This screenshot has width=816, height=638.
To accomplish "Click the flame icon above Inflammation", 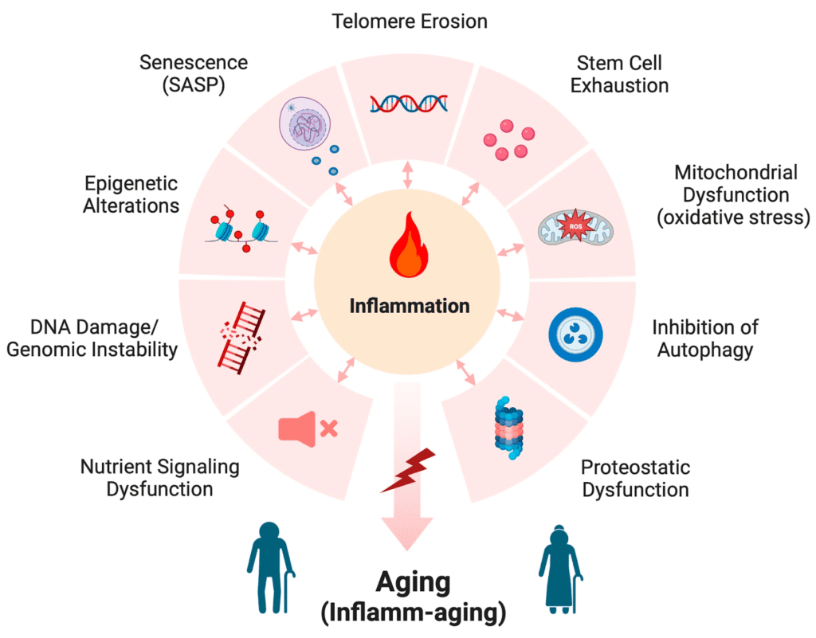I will point(407,244).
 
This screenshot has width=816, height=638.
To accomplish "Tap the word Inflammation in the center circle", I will point(407,306).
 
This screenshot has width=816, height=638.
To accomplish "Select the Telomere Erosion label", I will point(410,22).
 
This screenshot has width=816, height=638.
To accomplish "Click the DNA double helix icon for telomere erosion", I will point(408,102).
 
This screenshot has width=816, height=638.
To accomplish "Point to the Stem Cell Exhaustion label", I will point(621,73).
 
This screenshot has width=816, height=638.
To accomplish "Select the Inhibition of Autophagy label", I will point(705,338).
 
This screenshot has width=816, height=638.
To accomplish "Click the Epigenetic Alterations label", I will point(131,194).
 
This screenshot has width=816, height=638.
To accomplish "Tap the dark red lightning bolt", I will point(407,469).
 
